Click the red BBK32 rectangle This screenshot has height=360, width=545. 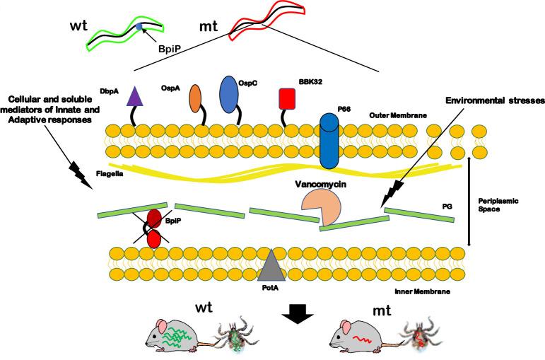(x=287, y=98)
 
